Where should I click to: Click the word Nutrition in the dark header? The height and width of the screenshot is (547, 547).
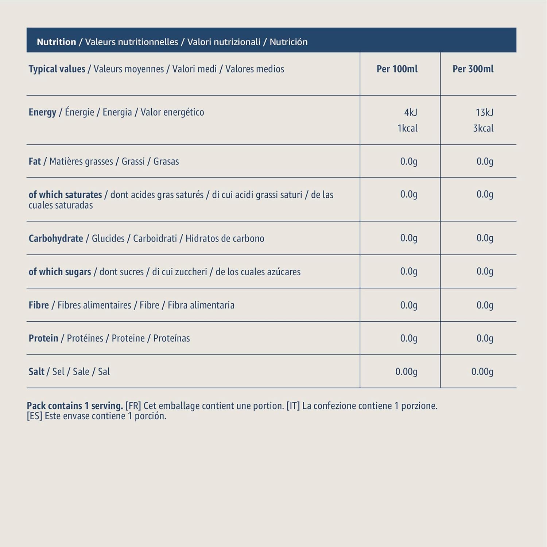coord(56,42)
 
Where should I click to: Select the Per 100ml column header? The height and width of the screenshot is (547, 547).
coord(397,69)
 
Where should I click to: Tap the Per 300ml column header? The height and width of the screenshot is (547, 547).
coord(473,69)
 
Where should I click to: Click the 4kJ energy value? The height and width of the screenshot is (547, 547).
coord(411,112)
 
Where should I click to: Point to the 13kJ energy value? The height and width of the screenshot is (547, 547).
coord(484,112)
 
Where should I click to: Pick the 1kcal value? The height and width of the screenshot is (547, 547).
coord(407,128)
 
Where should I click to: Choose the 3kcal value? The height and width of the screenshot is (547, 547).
coord(483,128)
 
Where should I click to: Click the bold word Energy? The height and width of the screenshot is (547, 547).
coord(42,112)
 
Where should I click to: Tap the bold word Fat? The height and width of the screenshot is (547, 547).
coord(35,161)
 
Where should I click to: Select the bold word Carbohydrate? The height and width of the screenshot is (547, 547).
coord(56,238)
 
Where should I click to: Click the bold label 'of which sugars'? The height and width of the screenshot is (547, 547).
coord(60,272)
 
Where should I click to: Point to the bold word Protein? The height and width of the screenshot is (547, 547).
coord(43,338)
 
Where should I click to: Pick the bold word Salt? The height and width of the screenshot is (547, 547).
coord(36,372)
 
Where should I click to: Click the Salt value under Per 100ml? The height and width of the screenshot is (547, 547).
coord(406,372)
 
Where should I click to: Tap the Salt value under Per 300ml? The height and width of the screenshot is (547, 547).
coord(482,372)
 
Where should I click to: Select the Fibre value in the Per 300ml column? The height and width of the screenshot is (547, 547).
coord(485,305)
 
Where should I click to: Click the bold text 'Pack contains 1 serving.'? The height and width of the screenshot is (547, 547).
coord(75,406)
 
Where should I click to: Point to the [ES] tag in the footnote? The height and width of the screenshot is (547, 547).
coord(34,416)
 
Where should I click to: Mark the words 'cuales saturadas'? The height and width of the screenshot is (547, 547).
coord(61,205)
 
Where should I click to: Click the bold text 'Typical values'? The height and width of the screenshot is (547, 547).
coord(57,69)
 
